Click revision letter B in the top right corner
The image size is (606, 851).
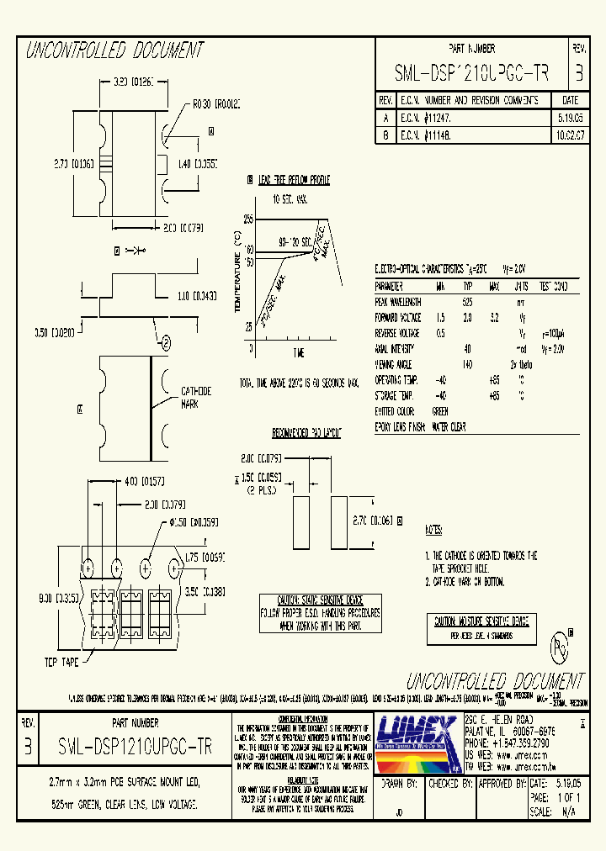point(579,74)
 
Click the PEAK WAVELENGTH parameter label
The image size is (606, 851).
point(398,301)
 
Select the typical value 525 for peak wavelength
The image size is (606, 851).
point(467,301)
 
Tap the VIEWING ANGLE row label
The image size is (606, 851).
point(394,364)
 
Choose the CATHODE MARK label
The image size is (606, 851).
point(196,397)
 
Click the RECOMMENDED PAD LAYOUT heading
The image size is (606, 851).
point(306,432)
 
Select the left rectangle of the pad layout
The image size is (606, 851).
point(299,521)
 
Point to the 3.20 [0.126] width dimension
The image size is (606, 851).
point(131,82)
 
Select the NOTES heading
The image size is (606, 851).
point(433,531)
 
